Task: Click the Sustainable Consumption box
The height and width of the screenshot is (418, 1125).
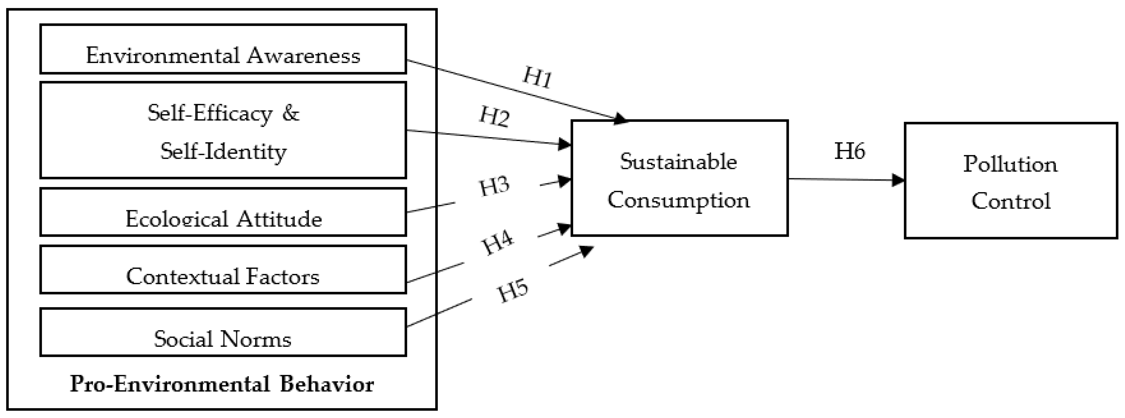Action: pos(679,178)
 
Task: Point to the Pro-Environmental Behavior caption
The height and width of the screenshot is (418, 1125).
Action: pos(222,384)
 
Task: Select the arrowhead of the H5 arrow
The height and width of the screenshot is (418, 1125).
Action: pos(587,251)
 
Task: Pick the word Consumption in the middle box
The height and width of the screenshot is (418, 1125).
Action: pos(679,200)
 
